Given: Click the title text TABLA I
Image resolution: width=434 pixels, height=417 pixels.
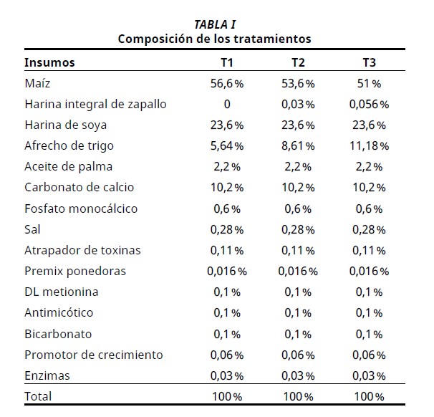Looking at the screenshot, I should pos(215,24).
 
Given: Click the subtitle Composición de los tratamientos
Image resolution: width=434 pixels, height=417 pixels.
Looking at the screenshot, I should pos(215,38).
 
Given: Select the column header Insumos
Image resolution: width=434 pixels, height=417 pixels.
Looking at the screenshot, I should pos(49,62).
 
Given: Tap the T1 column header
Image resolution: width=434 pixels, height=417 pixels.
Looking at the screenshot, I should pos(226,62).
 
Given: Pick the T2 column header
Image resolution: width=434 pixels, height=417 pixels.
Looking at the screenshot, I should pos(297,62).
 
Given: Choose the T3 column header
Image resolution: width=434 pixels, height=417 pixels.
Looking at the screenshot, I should pos(369,62).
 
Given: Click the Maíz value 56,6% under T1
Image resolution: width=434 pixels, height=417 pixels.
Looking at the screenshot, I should pos(226,84).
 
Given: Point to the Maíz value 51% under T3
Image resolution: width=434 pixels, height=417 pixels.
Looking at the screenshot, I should pos(369,84).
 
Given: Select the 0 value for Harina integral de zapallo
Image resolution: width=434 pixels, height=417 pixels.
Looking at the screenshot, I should pos(226,105).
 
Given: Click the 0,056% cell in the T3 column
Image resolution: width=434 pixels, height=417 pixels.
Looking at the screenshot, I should pos(369,105).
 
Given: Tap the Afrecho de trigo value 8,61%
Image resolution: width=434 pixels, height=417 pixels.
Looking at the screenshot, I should pos(297,146).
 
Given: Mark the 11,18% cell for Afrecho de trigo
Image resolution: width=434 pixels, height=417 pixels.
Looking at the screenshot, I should pos(369,146).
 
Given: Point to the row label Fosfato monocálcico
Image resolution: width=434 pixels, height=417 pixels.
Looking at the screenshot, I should pos(81,208).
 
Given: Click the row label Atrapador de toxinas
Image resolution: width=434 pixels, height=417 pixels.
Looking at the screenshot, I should pos(82,250).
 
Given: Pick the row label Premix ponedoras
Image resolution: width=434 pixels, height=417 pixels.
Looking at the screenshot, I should pos(75,271).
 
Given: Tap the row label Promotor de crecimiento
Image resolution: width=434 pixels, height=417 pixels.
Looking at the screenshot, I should pos(94,355).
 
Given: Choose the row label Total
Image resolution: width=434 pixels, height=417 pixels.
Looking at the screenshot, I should pos(38,396).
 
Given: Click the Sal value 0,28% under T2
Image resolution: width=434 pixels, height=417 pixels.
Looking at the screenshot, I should pos(297,229).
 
